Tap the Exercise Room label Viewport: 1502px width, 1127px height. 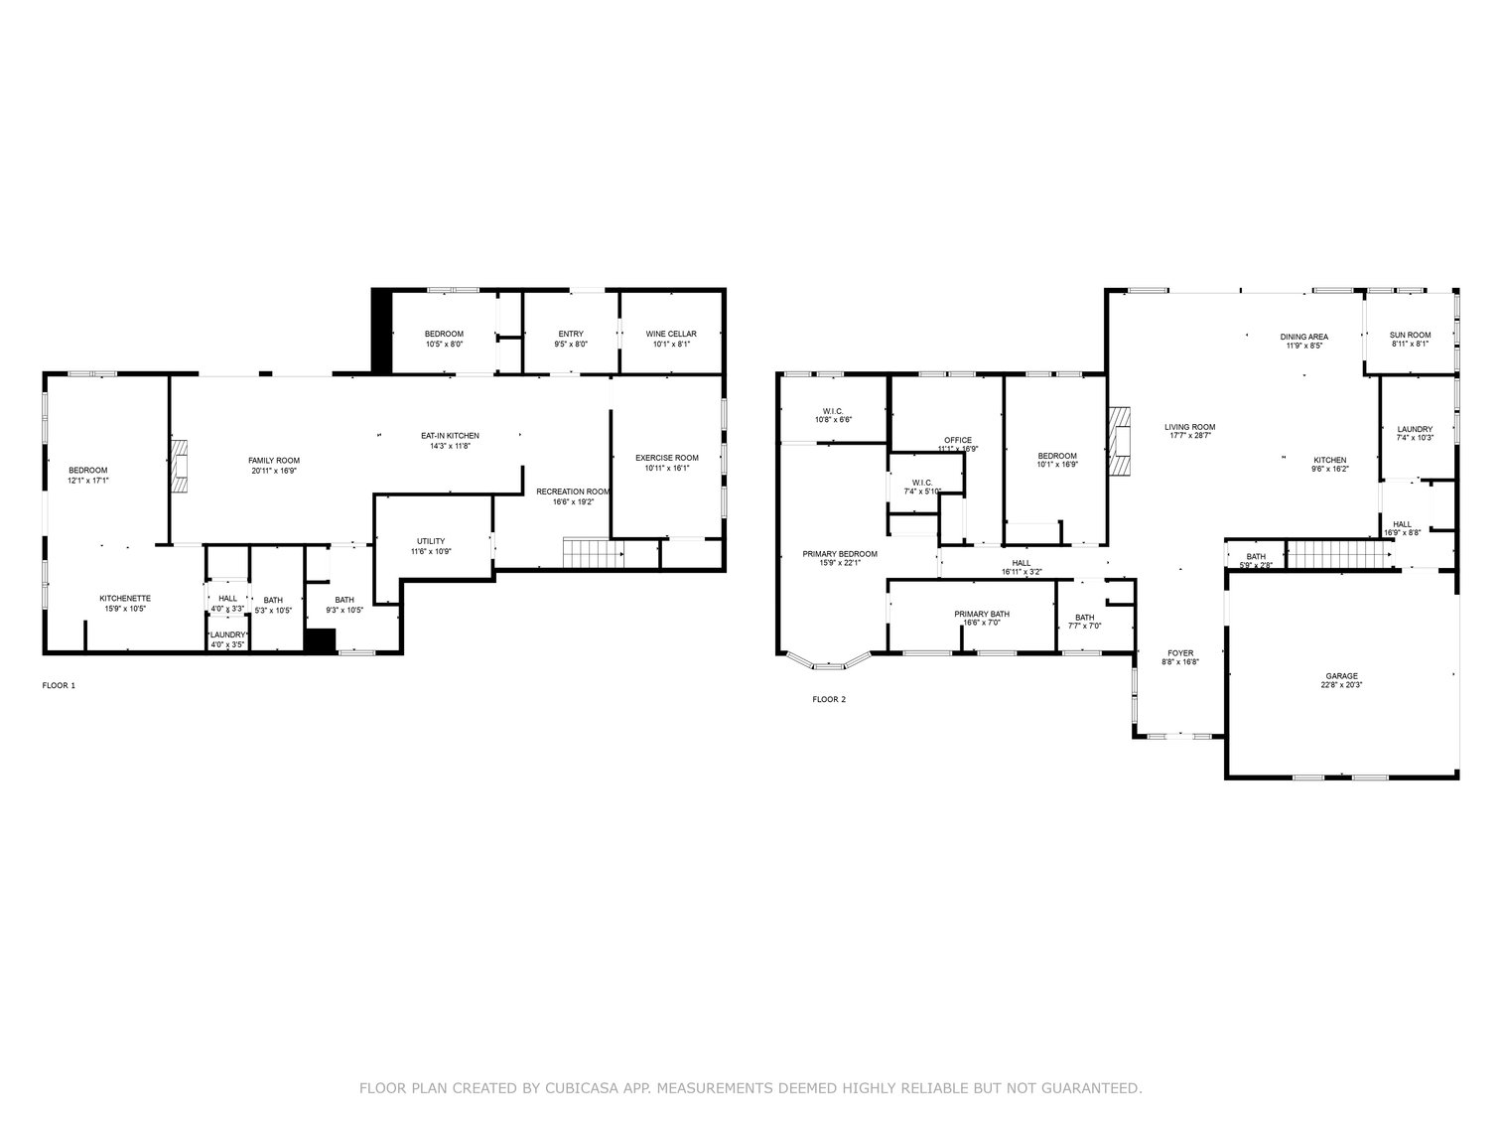pyautogui.click(x=666, y=458)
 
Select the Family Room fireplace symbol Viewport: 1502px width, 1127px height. pyautogui.click(x=179, y=466)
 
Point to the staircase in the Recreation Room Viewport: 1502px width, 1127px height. pyautogui.click(x=593, y=552)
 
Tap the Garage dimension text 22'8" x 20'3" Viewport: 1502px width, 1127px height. pyautogui.click(x=1341, y=684)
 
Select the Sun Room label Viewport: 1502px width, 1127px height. pyautogui.click(x=1410, y=335)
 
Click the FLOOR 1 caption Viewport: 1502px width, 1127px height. pyautogui.click(x=59, y=685)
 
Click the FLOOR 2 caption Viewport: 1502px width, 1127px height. pyautogui.click(x=829, y=699)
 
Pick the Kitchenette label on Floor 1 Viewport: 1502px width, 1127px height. pyautogui.click(x=125, y=598)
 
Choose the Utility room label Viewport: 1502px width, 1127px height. pyautogui.click(x=431, y=541)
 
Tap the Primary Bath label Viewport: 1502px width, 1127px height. pyautogui.click(x=982, y=614)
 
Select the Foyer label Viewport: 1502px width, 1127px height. pyautogui.click(x=1180, y=653)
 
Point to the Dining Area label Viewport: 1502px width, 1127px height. pyautogui.click(x=1303, y=337)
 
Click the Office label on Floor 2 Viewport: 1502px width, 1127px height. pyautogui.click(x=958, y=440)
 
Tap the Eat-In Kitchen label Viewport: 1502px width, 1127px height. pyautogui.click(x=450, y=436)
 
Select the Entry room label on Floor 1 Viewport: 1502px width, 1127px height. pyautogui.click(x=571, y=334)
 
